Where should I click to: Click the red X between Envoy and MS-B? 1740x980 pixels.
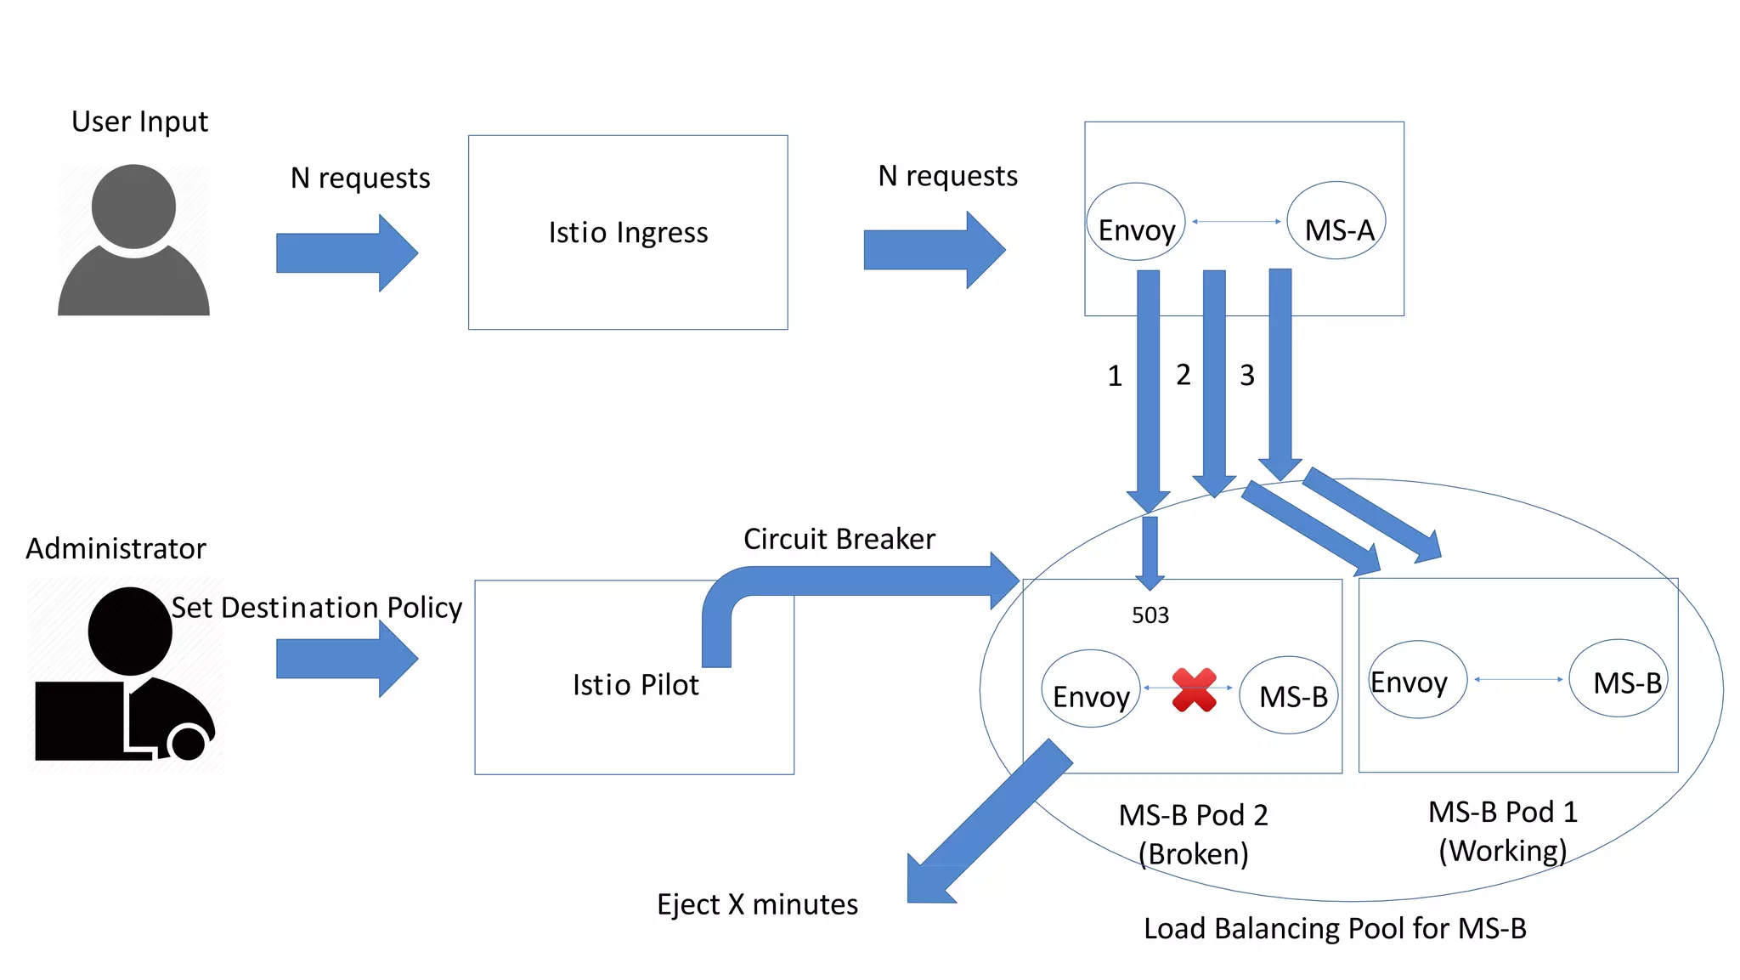[1194, 689]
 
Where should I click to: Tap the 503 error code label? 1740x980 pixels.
[1150, 615]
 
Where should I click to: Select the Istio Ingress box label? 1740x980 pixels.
[628, 233]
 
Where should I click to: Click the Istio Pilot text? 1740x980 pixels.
[636, 685]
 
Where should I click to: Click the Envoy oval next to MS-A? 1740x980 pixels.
[1136, 224]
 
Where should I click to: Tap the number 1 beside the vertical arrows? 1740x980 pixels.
[1115, 376]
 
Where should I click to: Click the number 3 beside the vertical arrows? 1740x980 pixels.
[1246, 375]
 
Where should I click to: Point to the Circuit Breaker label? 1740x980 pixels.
[839, 539]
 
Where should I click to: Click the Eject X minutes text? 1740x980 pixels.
[757, 904]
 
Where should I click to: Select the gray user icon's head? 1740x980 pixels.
[133, 206]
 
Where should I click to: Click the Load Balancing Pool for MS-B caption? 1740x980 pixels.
[1335, 929]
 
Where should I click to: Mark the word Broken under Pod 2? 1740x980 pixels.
[1194, 854]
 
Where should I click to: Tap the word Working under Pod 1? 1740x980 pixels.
[1502, 851]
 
